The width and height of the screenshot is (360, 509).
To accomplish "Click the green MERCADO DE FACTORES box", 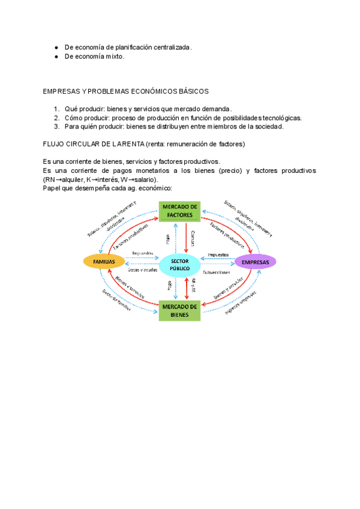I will click(x=179, y=211).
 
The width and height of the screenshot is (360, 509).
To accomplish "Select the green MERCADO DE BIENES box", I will click(x=179, y=310).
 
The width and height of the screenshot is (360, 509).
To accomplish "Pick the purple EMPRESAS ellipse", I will click(x=255, y=261).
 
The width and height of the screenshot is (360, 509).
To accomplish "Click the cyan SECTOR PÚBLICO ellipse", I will click(x=179, y=265).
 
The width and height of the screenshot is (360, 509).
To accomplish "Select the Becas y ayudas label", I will click(x=142, y=270).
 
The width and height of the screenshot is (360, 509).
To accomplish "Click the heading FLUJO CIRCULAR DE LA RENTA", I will click(x=94, y=144).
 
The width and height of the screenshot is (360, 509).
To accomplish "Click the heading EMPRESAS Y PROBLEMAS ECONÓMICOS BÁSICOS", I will click(x=125, y=91).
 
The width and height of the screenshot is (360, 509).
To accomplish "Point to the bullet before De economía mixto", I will click(x=56, y=56).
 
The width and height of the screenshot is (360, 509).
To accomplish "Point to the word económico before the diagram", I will click(x=154, y=188).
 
